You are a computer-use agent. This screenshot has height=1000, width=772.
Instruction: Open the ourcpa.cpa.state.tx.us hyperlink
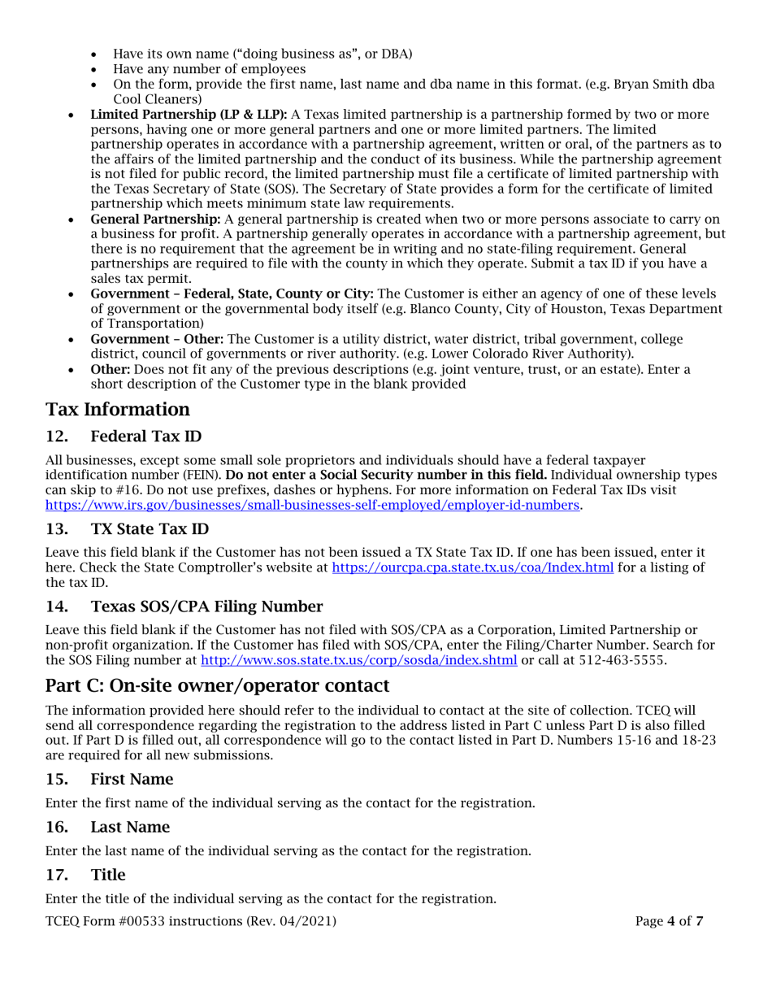pyautogui.click(x=473, y=567)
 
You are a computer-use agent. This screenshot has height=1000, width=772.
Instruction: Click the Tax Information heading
pyautogui.click(x=118, y=409)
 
